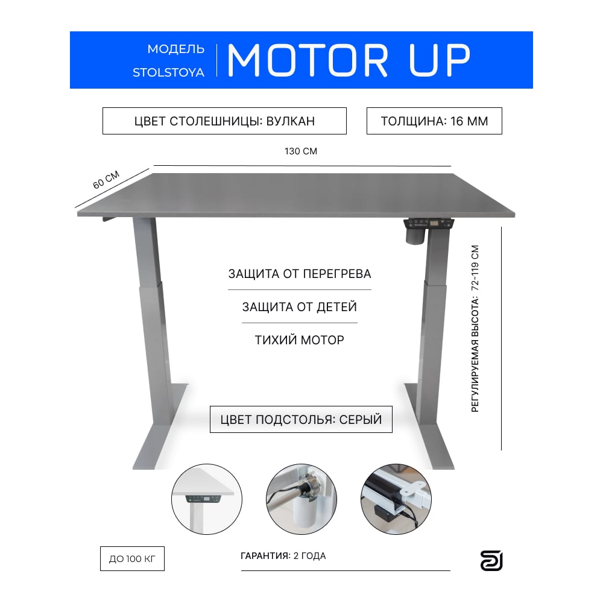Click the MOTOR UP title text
pyautogui.click(x=349, y=60)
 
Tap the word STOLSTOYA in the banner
pyautogui.click(x=168, y=73)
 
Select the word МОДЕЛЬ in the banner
pyautogui.click(x=176, y=49)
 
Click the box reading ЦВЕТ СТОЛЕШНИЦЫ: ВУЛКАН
pyautogui.click(x=224, y=121)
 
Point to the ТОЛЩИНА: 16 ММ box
pyautogui.click(x=434, y=121)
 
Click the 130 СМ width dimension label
pyautogui.click(x=301, y=151)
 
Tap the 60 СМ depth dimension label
pyautogui.click(x=106, y=180)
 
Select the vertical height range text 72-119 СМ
pyautogui.click(x=475, y=268)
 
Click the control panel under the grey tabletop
pyautogui.click(x=429, y=224)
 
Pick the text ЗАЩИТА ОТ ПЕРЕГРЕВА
pyautogui.click(x=300, y=274)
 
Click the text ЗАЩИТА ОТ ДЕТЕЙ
pyautogui.click(x=300, y=307)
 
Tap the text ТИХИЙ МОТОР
pyautogui.click(x=300, y=340)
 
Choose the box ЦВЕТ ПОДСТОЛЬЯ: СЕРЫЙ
pyautogui.click(x=301, y=419)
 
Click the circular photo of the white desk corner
pyautogui.click(x=206, y=499)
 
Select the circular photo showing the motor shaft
pyautogui.click(x=301, y=499)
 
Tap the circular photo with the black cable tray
pyautogui.click(x=396, y=499)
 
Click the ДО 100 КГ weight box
pyautogui.click(x=132, y=559)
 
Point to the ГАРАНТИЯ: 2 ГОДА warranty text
pyautogui.click(x=283, y=556)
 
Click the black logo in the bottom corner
pyautogui.click(x=491, y=561)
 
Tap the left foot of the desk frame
pyautogui.click(x=160, y=427)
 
